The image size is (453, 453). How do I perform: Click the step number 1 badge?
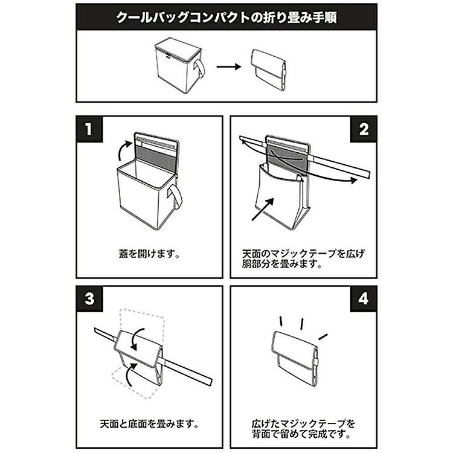(x=89, y=129)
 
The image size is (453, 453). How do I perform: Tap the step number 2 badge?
(x=364, y=129)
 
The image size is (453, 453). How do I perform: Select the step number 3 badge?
(x=89, y=298)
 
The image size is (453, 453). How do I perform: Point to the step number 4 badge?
(x=364, y=298)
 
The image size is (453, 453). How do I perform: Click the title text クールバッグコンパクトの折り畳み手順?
(x=226, y=18)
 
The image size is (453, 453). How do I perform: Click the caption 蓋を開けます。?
(x=149, y=254)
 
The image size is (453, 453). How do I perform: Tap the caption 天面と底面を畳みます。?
(x=149, y=424)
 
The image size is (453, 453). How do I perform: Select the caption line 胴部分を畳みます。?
(x=282, y=264)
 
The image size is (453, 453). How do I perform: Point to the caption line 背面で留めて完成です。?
(x=301, y=434)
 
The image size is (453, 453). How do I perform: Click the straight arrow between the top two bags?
(x=229, y=66)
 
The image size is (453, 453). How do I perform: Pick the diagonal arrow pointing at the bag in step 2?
(x=263, y=209)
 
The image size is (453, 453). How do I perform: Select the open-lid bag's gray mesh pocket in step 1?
(x=156, y=156)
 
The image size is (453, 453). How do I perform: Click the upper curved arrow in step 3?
(x=137, y=338)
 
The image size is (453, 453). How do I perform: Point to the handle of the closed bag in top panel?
(x=200, y=69)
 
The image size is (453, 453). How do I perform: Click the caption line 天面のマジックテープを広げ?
(x=303, y=254)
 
